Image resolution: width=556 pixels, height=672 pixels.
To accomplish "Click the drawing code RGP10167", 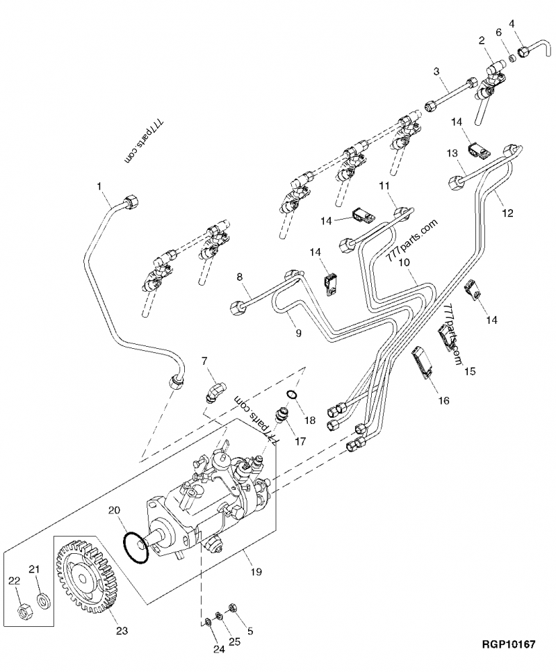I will point(507,645).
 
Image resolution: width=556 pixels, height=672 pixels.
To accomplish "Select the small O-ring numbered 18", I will point(293,396).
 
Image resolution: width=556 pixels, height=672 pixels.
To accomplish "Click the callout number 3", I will point(436,71).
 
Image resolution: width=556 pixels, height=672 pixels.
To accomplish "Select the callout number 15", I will point(470,371).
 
